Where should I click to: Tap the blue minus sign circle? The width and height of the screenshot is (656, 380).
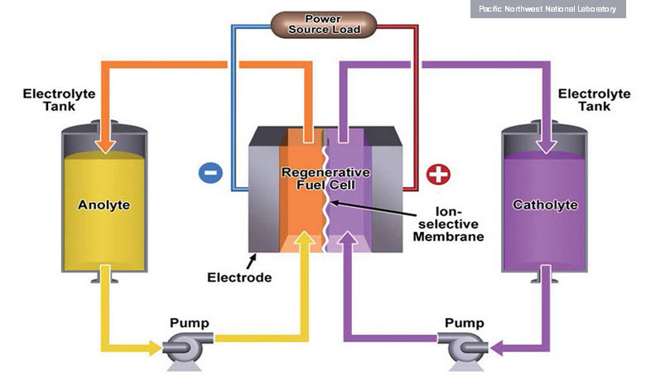tap(210, 172)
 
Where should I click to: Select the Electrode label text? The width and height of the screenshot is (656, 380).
tap(239, 277)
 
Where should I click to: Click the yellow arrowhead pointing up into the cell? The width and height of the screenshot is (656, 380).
tap(306, 241)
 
